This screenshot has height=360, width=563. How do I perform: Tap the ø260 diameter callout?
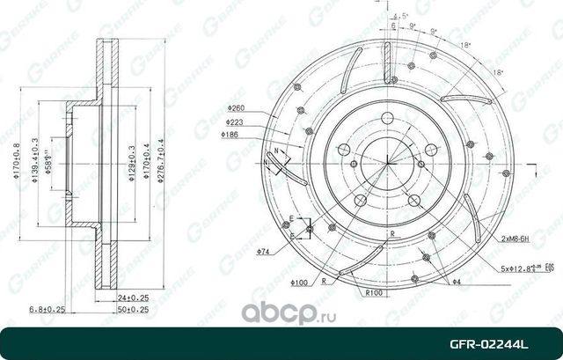234,108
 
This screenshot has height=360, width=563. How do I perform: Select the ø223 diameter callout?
234,122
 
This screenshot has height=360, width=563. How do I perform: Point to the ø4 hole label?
457,281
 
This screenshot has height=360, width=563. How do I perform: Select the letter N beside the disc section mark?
275,152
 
